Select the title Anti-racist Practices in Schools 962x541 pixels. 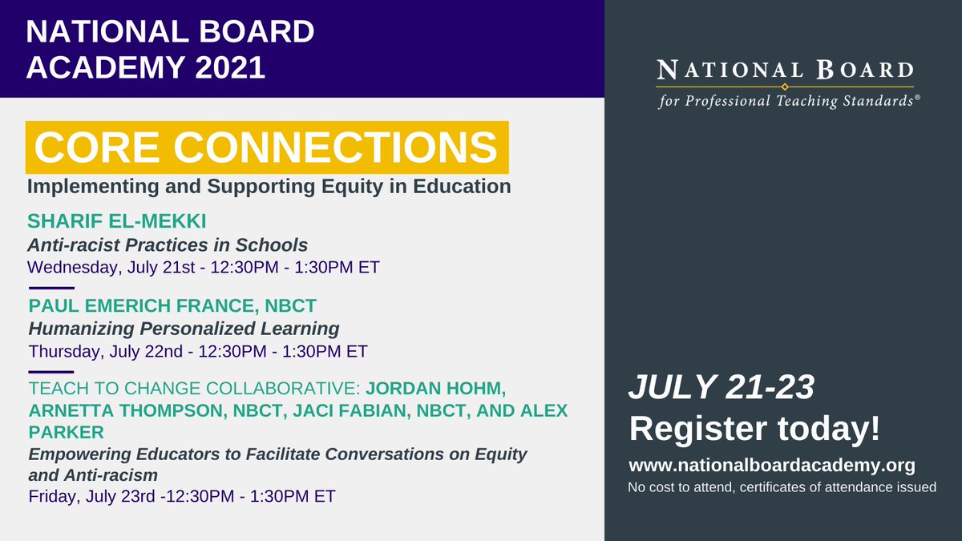[168, 244]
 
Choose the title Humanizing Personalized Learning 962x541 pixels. [184, 329]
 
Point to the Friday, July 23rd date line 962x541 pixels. [181, 495]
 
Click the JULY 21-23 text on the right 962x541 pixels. [721, 388]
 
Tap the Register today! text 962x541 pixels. [754, 428]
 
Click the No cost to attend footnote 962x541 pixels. [782, 486]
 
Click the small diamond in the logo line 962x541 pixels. [785, 87]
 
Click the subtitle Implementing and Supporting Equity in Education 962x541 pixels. [269, 187]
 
